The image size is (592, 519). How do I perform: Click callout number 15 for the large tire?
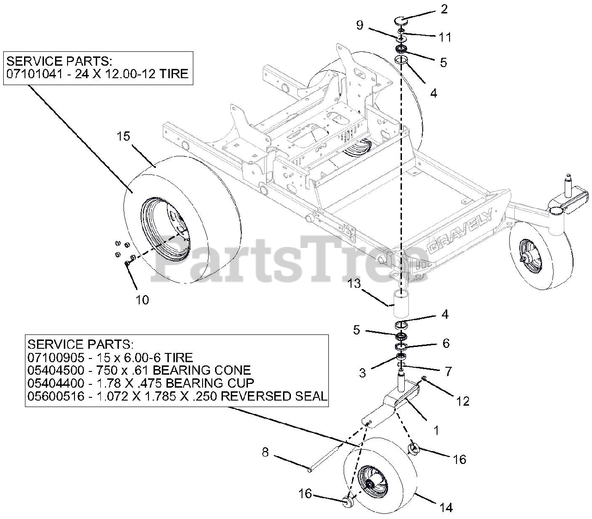click(x=123, y=136)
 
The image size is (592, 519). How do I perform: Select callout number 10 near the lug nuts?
click(x=142, y=300)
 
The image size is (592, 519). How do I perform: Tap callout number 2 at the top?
click(x=444, y=9)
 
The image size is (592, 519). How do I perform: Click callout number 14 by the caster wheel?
click(x=446, y=507)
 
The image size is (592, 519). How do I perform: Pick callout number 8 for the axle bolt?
click(x=265, y=452)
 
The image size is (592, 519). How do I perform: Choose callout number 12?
click(x=463, y=401)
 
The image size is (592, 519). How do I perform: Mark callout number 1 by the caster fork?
click(x=435, y=430)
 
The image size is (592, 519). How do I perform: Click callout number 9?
click(x=360, y=26)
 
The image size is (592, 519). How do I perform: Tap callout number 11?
click(x=445, y=37)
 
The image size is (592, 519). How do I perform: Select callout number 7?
click(x=448, y=371)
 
